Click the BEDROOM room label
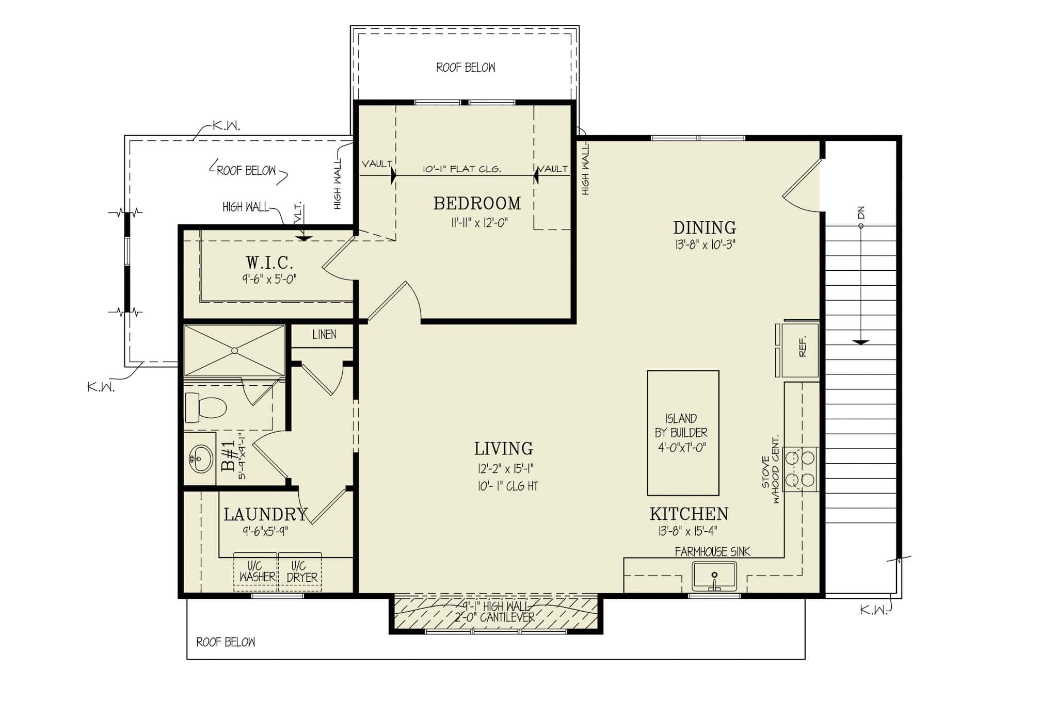click(477, 203)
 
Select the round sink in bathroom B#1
click(200, 459)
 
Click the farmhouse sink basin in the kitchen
click(714, 577)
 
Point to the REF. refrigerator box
click(800, 350)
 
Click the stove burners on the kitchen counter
click(800, 469)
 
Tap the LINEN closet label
click(324, 335)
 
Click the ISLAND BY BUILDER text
click(682, 433)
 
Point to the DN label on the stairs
click(860, 212)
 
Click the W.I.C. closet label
click(269, 263)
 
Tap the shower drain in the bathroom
click(234, 351)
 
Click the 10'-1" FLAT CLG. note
click(461, 169)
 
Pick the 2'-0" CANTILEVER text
click(494, 617)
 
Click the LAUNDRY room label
click(265, 514)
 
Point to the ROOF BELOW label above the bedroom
click(466, 68)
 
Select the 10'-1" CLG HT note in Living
click(508, 486)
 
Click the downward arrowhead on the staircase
click(860, 342)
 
